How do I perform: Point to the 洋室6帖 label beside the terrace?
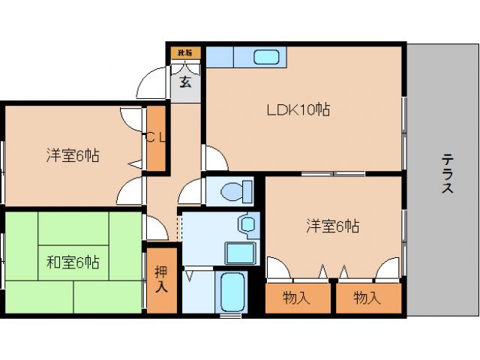pos(331,224)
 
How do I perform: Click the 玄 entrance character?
pos(184,82)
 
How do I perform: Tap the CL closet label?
pos(155,136)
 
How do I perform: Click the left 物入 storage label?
pos(296,298)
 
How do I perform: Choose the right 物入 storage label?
pos(367,298)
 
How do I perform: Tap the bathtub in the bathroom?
pos(235,292)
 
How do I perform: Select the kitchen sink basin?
pos(267,57)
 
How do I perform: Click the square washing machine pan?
pos(240,252)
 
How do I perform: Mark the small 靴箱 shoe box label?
pos(184,52)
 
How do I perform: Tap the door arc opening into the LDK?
pos(214,157)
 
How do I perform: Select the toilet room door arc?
pos(190,192)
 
